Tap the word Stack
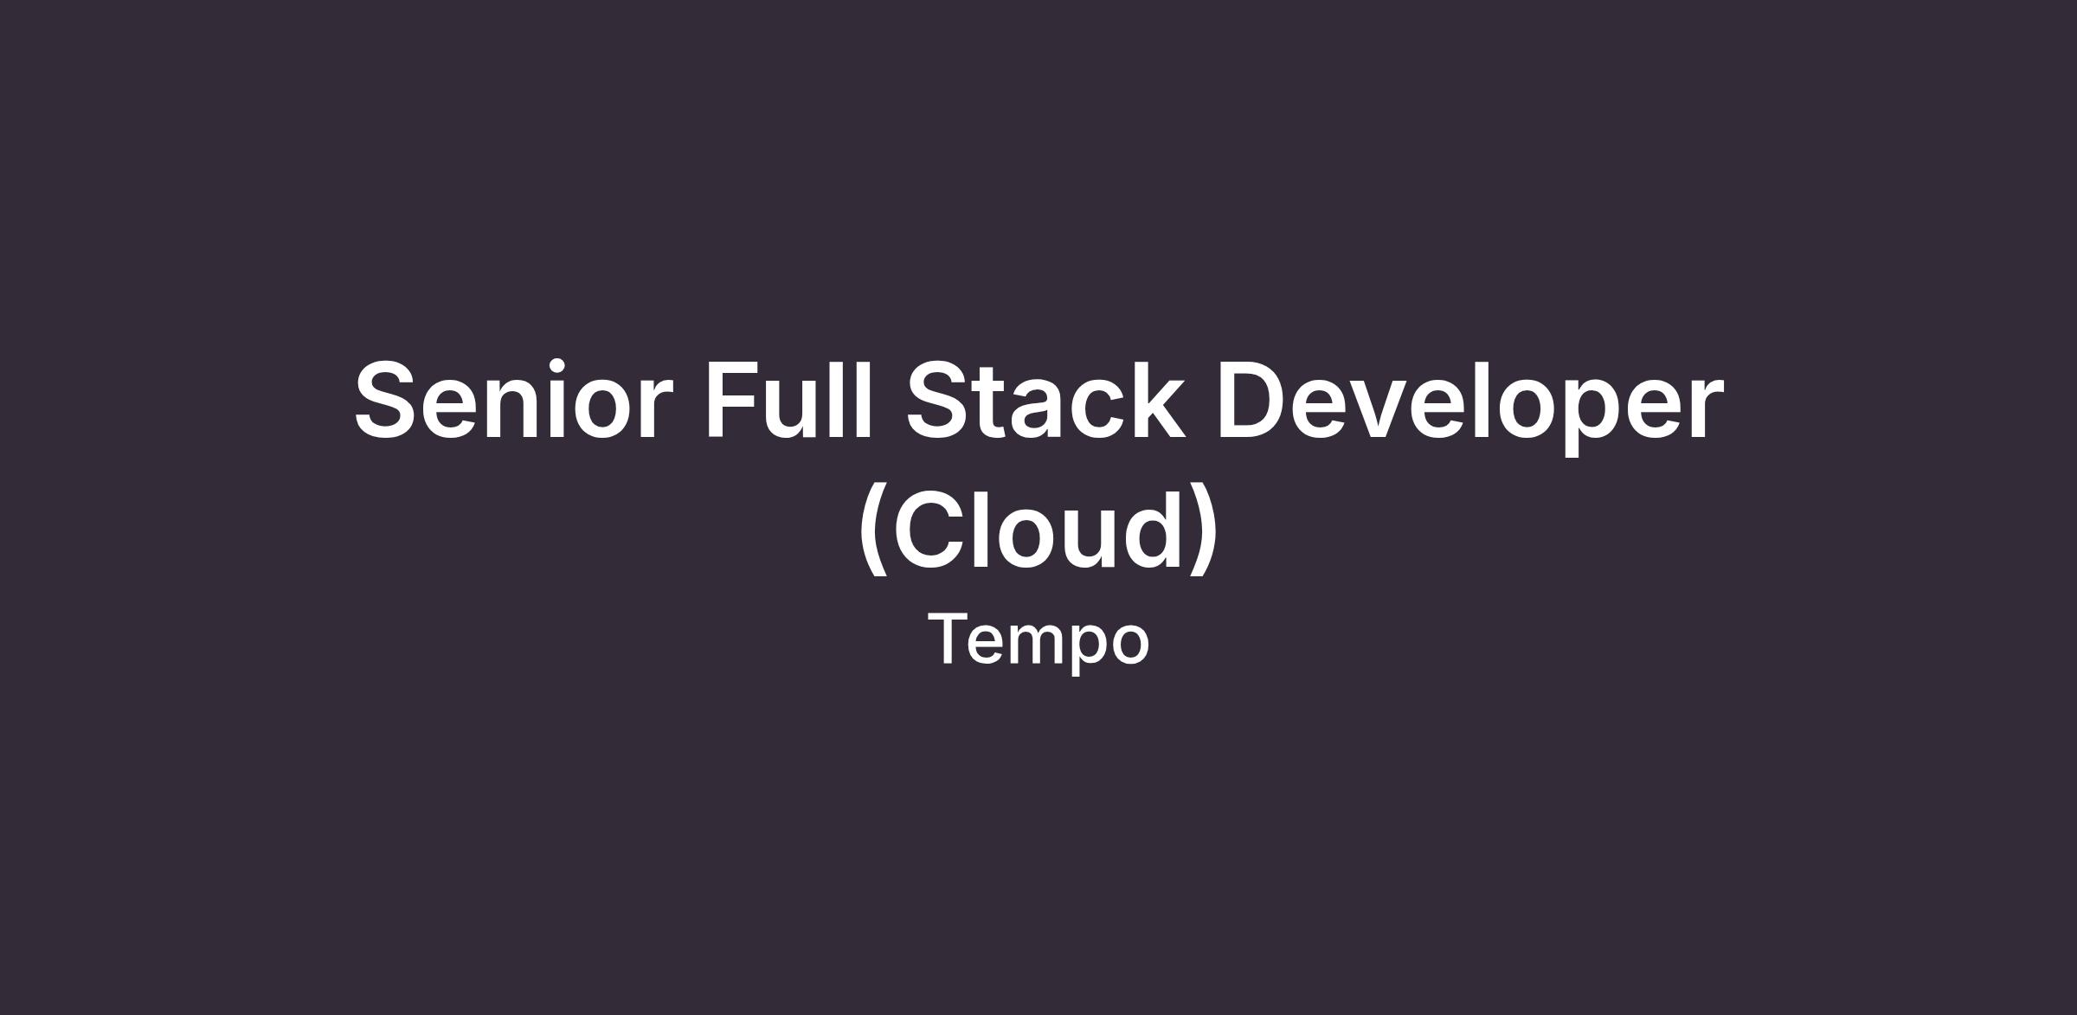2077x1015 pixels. coord(1045,400)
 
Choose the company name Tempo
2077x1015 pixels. coord(1038,641)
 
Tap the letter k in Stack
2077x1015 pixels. coord(1155,398)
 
